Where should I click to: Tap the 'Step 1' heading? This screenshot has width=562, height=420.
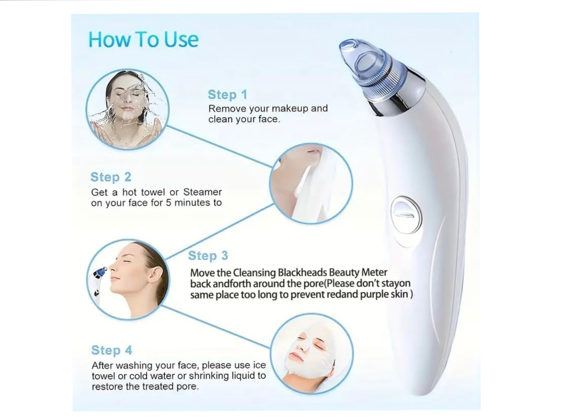click(228, 95)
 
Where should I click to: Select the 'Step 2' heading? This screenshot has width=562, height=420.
click(111, 177)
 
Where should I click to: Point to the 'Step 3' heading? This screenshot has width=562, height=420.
click(208, 256)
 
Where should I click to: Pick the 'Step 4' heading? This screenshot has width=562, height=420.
click(112, 350)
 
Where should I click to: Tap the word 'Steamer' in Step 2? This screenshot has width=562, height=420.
click(203, 192)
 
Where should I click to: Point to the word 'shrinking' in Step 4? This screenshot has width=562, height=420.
click(207, 376)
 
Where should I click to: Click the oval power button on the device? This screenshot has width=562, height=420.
click(406, 215)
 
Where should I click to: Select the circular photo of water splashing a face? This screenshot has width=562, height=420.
click(127, 110)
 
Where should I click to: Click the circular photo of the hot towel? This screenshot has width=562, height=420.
click(311, 184)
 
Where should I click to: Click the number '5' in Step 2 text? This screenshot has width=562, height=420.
click(168, 203)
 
